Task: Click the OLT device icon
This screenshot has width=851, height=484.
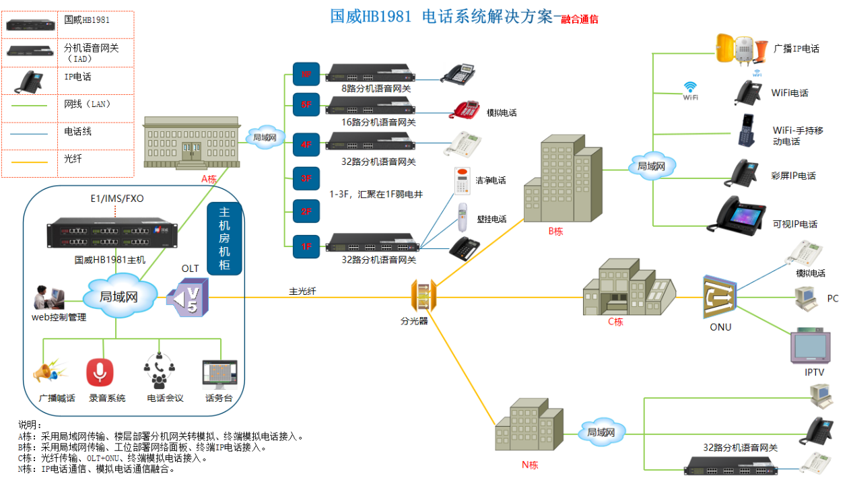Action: pos(188,297)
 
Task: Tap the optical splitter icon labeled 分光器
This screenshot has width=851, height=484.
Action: pos(423,297)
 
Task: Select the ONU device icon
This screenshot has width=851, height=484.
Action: pos(720,297)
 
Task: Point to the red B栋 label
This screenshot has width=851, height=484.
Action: pos(555,231)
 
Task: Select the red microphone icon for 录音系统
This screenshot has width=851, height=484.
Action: pos(100,373)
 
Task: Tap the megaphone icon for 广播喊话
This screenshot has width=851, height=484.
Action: pos(50,373)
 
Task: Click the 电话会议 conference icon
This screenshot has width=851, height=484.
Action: pos(159,370)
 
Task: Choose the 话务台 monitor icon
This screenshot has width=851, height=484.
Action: pos(219,374)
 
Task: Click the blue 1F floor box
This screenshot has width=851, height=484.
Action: pos(306,246)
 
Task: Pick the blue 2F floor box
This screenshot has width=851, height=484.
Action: pos(306,211)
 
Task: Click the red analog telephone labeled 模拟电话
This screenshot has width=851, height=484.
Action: pos(465,109)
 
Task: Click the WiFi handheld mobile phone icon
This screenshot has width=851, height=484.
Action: pos(746,131)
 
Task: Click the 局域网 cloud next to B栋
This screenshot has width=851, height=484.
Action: pos(652,166)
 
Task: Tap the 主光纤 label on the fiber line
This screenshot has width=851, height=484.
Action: pos(303,291)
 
